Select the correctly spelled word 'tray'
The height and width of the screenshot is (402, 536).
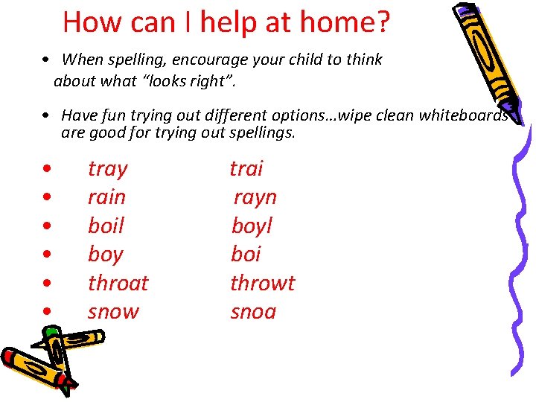click(x=108, y=169)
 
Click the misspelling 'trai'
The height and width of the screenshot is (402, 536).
click(x=246, y=169)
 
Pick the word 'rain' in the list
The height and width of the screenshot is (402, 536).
click(x=107, y=197)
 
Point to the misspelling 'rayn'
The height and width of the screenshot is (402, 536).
click(x=255, y=197)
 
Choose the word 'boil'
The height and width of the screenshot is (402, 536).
click(x=106, y=226)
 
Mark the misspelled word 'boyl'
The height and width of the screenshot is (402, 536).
click(x=252, y=226)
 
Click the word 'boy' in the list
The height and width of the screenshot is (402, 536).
click(x=105, y=255)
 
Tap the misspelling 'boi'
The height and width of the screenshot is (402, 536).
click(x=246, y=255)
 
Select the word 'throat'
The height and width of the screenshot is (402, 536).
click(x=118, y=283)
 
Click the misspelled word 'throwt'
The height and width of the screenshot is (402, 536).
click(x=263, y=283)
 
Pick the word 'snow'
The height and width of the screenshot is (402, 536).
click(x=113, y=311)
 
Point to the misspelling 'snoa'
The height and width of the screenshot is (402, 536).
click(x=253, y=311)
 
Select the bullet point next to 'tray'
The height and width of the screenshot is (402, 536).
click(x=47, y=170)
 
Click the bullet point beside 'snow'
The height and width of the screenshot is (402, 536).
click(x=47, y=312)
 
